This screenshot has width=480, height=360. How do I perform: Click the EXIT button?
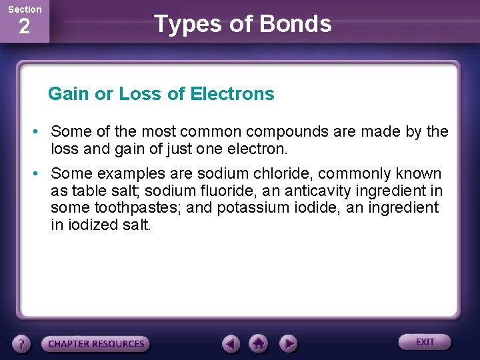425,342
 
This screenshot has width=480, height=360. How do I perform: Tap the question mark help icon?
22,344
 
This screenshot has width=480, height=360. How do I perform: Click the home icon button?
259,343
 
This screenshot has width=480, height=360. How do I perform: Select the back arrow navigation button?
231,343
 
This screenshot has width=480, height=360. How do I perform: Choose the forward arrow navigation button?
287,343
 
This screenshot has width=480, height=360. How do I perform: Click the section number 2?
24,27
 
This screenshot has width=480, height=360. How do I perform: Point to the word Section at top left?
24,9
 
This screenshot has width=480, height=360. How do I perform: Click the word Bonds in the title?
295,24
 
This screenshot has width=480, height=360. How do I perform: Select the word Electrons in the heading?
232,94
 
